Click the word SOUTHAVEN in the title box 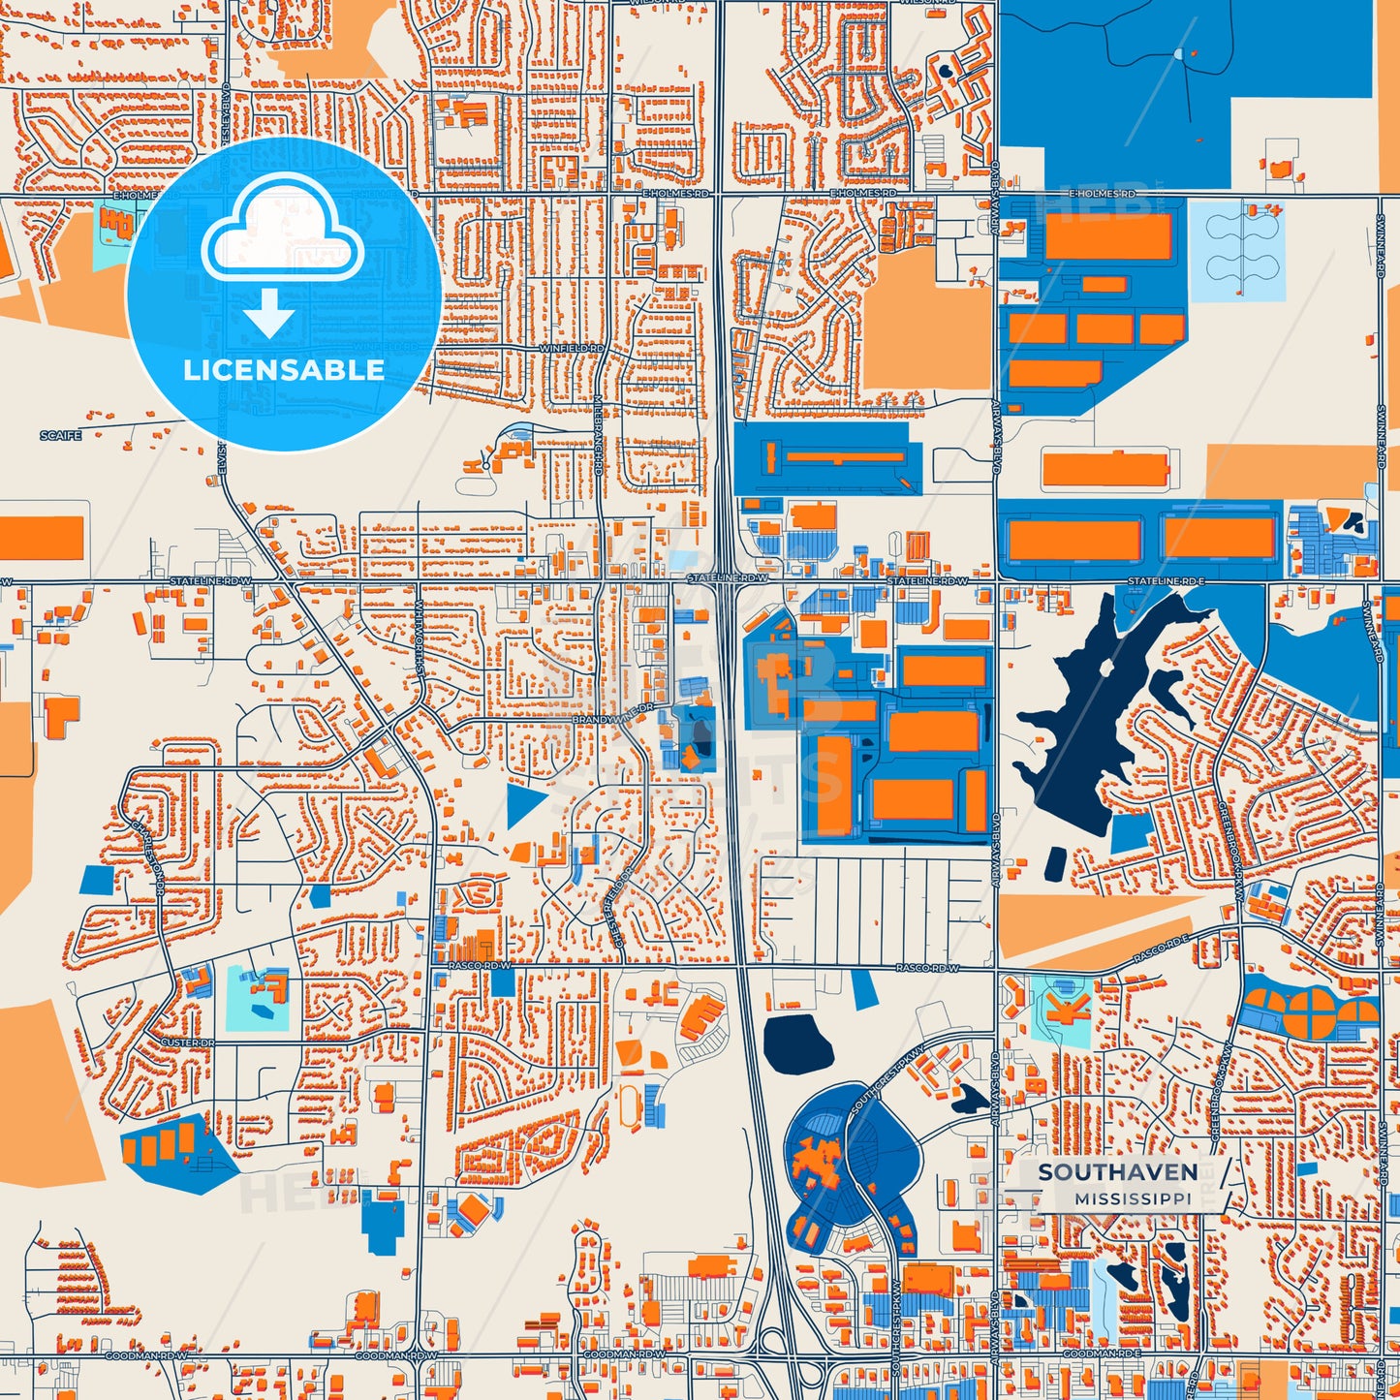(1117, 1171)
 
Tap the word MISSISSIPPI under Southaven (1133, 1198)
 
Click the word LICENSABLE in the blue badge (284, 370)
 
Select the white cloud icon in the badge (282, 229)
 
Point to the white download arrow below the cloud (269, 312)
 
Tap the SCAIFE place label (60, 436)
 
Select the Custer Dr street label (186, 1042)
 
